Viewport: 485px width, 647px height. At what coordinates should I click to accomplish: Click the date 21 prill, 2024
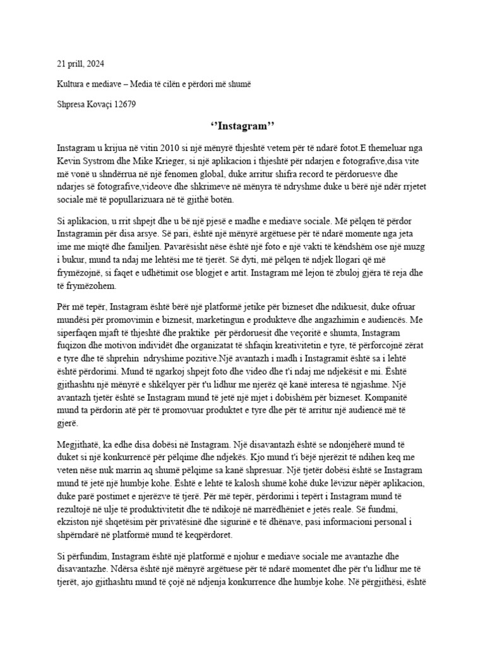click(81, 64)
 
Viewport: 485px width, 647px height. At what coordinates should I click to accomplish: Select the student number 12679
click(125, 104)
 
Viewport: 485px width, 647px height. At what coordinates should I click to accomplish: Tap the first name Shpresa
click(72, 104)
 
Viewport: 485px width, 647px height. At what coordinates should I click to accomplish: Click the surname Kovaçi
click(100, 104)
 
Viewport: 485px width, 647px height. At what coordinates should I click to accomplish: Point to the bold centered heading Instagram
click(242, 126)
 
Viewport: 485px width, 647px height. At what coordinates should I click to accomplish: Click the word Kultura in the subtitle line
click(70, 83)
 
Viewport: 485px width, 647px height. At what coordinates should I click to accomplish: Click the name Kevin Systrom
click(82, 160)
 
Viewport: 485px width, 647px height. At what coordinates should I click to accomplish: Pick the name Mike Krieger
click(139, 160)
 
